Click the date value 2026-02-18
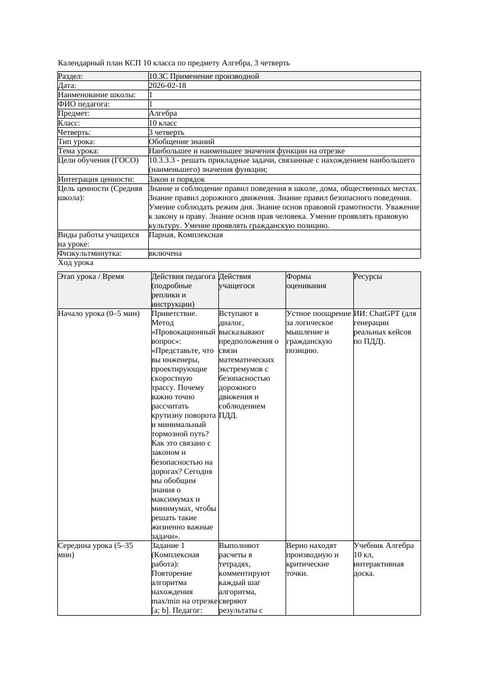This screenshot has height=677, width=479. pos(167,86)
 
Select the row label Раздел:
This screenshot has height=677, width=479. pos(71,76)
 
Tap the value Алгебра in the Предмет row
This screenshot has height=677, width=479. pos(163,113)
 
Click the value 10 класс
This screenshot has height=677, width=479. pos(163,123)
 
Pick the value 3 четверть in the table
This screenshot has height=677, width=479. pos(166,133)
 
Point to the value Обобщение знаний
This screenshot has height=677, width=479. pos(181,142)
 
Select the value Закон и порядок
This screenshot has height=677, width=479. pos(177,179)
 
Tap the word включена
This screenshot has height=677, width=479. pos(165,253)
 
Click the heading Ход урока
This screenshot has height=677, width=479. pos(76,263)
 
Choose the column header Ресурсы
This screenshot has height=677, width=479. pos(368,277)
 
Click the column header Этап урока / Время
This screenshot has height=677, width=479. pos(91,277)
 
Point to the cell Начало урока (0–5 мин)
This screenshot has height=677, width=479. pos(98,314)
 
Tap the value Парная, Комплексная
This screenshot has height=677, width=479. pos(186,235)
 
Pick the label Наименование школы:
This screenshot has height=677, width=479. pos(97,95)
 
